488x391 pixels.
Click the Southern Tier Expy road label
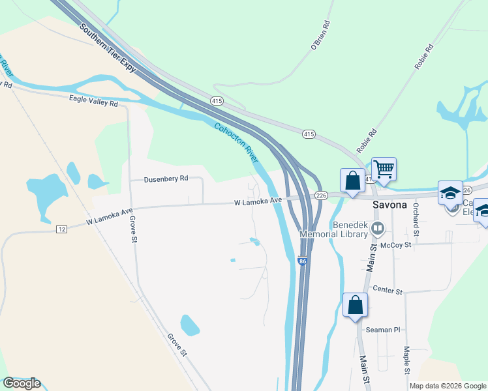click(108, 50)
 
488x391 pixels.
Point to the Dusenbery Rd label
click(166, 179)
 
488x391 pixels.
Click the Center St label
click(387, 290)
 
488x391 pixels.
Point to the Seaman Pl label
click(382, 330)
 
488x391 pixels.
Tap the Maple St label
click(406, 360)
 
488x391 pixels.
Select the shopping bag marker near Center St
click(355, 306)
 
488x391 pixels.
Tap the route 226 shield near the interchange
click(320, 195)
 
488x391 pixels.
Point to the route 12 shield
click(61, 229)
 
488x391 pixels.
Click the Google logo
click(22, 383)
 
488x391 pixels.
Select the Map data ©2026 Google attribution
click(447, 386)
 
